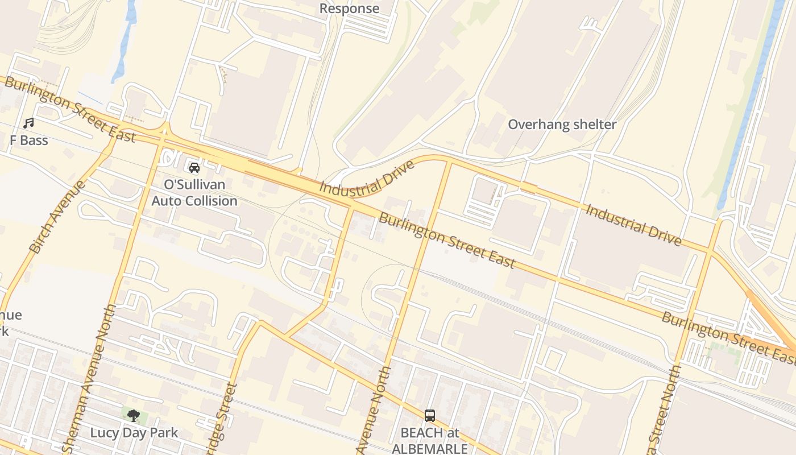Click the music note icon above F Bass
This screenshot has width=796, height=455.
click(x=28, y=123)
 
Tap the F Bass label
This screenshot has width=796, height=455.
click(x=28, y=140)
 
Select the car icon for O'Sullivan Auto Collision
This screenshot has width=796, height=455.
click(x=194, y=168)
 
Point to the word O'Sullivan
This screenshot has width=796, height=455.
click(x=194, y=185)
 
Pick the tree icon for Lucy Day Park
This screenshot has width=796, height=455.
click(x=134, y=416)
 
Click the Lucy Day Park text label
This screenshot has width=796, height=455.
click(x=134, y=433)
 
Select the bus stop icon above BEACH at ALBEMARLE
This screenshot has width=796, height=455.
click(x=430, y=416)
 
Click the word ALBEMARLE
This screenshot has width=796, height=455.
click(x=430, y=448)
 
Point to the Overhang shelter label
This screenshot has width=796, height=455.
click(x=562, y=125)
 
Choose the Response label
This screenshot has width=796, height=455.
click(x=349, y=9)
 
